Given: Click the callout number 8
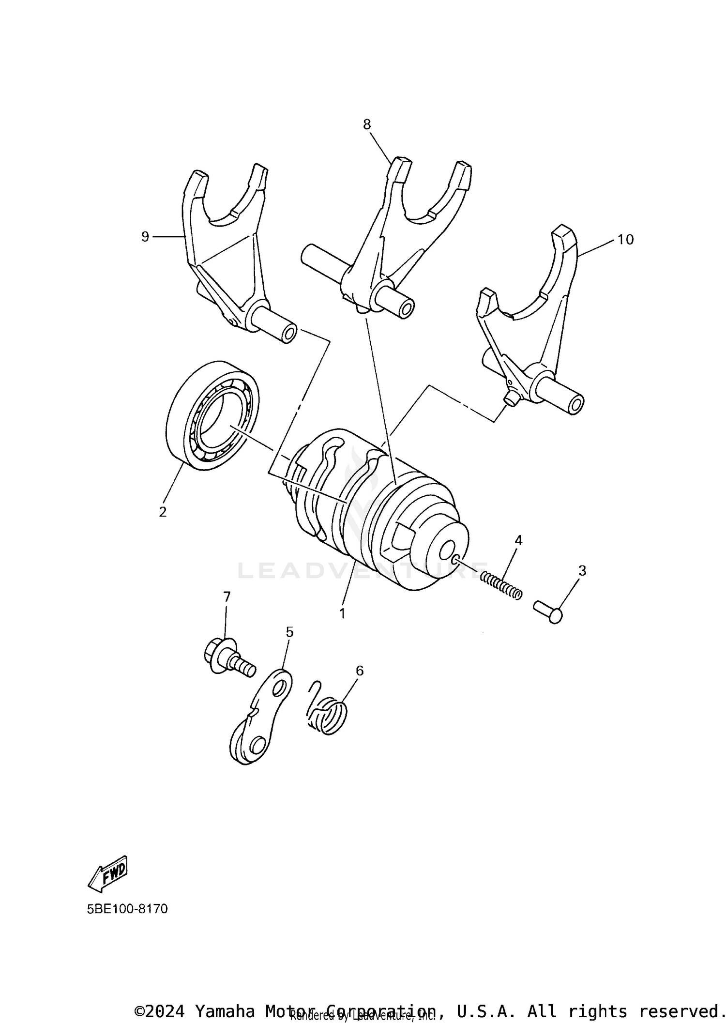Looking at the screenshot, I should coord(367,124).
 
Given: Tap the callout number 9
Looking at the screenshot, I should coord(145,237).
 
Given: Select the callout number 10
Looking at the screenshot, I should coord(625,240).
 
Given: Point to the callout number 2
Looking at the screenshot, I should coord(163,512).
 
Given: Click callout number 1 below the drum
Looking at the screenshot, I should coord(342,613).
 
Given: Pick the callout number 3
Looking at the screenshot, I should coord(582,571).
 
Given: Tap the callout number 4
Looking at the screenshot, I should coord(518,540).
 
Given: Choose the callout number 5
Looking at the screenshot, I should coord(289,631).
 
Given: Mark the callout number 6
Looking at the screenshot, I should coord(359,671).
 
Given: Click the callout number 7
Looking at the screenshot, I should coord(227,596).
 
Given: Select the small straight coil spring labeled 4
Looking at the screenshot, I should coord(501,584).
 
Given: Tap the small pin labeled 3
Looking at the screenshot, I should coord(548,611).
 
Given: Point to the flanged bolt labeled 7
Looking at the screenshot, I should coord(227,658).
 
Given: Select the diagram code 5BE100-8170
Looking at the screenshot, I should coord(127,909).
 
